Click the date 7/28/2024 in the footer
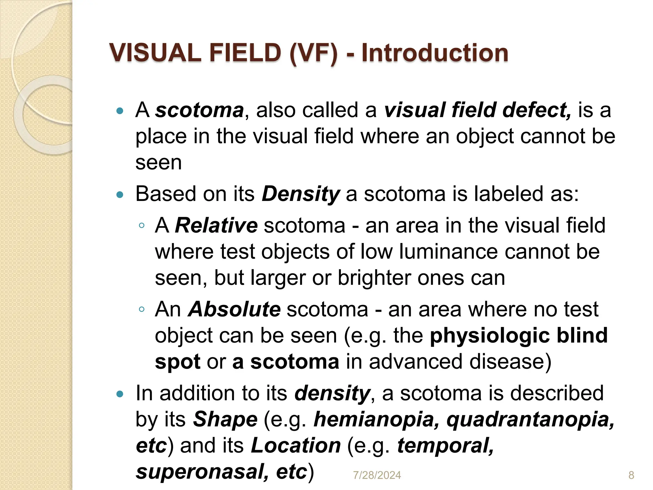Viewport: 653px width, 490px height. pyautogui.click(x=377, y=475)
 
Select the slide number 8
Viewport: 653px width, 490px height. pyautogui.click(x=631, y=475)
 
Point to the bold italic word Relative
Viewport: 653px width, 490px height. pyautogui.click(x=216, y=225)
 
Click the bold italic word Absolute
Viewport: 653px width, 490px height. pyautogui.click(x=234, y=309)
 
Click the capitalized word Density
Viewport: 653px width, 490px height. pyautogui.click(x=301, y=194)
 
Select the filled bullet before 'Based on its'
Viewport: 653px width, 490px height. pyautogui.click(x=120, y=195)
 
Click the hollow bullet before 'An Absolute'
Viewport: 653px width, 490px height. pyautogui.click(x=142, y=309)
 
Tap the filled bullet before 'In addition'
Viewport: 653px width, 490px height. pyautogui.click(x=120, y=394)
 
